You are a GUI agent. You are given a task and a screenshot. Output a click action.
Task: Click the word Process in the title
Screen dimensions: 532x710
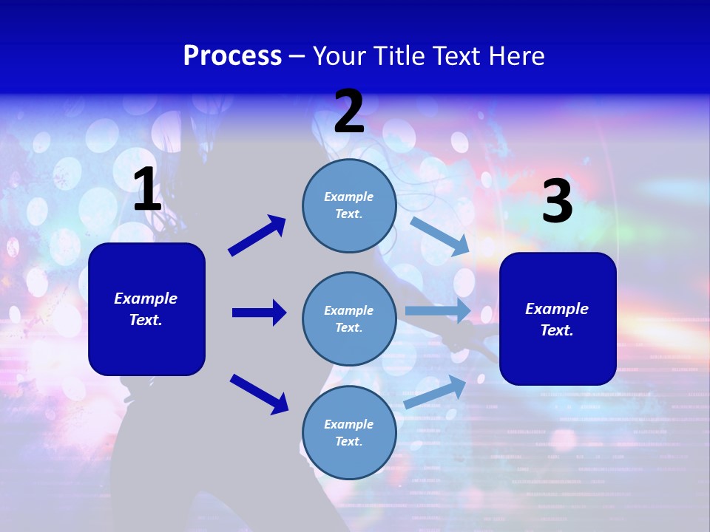tap(232, 56)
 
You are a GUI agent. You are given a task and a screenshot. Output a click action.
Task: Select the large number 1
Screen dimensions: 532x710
tap(147, 190)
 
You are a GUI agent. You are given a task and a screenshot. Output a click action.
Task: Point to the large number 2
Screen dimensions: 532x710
tap(349, 112)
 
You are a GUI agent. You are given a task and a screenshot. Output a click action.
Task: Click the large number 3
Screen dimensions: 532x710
tap(557, 202)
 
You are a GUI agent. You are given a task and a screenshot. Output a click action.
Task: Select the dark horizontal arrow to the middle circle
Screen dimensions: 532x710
tap(259, 313)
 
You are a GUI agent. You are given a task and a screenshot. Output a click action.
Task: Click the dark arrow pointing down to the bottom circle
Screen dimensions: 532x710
tap(259, 393)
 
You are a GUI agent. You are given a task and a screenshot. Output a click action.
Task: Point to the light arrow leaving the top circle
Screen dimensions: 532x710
tap(439, 236)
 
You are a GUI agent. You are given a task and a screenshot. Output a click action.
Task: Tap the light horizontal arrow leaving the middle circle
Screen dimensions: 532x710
tap(437, 311)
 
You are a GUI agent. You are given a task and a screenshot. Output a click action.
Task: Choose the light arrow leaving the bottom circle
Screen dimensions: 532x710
tap(435, 392)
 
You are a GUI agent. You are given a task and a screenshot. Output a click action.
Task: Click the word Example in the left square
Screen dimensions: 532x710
tap(146, 299)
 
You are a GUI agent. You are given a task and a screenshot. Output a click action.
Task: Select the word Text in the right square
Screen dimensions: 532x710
tap(556, 330)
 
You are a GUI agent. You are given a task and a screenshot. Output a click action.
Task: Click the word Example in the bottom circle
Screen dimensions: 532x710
tap(348, 424)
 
